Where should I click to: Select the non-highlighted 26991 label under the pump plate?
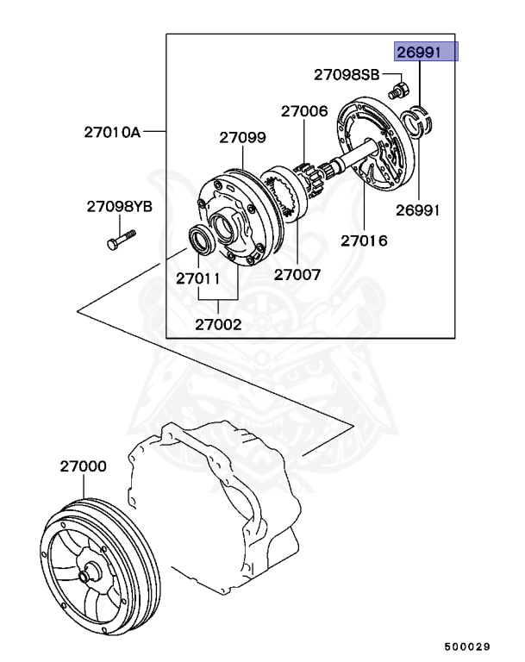click(418, 210)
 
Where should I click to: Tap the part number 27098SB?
click(346, 76)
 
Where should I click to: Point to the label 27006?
click(303, 111)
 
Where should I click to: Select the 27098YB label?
click(120, 207)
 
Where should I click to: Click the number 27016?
click(364, 241)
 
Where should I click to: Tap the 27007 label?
click(297, 275)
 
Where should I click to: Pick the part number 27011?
click(198, 279)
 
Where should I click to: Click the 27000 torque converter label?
click(84, 466)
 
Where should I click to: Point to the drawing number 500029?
click(467, 646)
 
